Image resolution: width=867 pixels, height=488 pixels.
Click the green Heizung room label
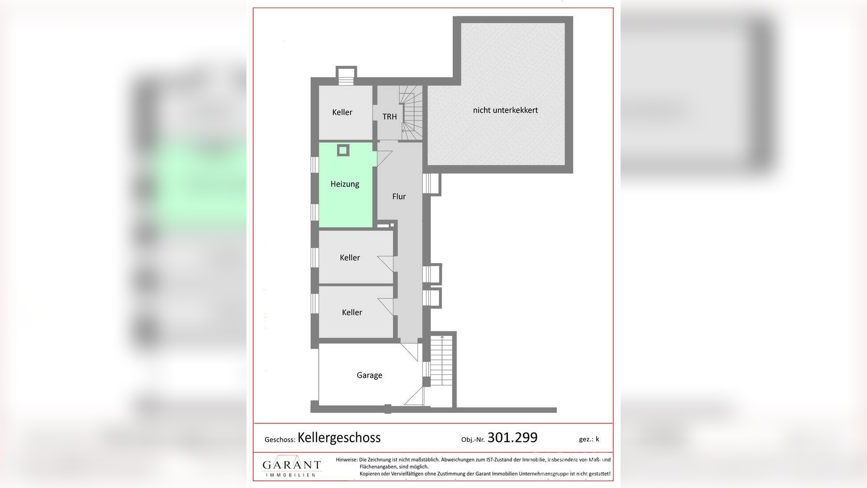pos(344,184)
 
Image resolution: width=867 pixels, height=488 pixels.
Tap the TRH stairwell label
pos(390,117)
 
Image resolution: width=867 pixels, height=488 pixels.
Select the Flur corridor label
pos(399,197)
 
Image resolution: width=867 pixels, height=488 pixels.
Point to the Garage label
pos(369,375)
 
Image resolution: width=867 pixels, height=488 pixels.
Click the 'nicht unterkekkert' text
pos(505,110)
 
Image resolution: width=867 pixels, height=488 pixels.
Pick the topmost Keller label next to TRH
pos(342,112)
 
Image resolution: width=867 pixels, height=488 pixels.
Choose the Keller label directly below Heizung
pos(350,258)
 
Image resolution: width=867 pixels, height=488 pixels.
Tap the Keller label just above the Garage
pos(352,312)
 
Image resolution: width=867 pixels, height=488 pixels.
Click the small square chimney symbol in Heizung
pos(343,150)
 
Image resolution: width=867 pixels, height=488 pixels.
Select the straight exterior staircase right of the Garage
pos(442,360)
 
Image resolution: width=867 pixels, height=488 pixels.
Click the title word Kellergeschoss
pos(339,438)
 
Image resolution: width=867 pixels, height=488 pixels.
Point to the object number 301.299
pos(512,437)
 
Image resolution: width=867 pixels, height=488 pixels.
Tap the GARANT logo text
pos(292,464)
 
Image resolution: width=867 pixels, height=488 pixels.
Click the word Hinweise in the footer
pos(346,460)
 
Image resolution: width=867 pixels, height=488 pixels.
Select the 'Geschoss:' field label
pos(280,440)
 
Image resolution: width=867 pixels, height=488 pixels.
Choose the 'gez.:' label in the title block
pos(586,439)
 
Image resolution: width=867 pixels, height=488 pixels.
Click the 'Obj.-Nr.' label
pos(473,440)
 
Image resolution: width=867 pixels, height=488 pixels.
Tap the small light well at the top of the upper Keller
pos(346,75)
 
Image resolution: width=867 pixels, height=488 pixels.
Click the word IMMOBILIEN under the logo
pos(290,475)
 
